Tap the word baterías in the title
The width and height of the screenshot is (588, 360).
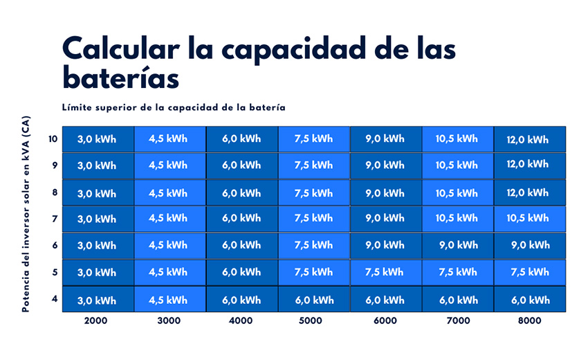coord(120,77)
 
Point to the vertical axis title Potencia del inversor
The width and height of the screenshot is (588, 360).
coord(26,213)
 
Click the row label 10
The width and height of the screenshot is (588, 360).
coord(53,138)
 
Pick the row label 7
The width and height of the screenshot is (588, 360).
coord(55,219)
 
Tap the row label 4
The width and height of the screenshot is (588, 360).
coord(55,299)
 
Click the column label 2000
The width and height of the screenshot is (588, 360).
coord(97,321)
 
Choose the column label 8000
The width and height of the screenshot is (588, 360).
coord(529,321)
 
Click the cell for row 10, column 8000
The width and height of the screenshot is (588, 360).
coord(529,139)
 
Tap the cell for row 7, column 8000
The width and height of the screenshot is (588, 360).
coord(529,219)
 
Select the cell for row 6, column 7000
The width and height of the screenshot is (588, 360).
coord(457,245)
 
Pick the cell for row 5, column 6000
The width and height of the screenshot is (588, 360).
coord(385,272)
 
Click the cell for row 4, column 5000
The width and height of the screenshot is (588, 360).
coord(313,300)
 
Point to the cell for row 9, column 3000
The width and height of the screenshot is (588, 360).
coord(169,165)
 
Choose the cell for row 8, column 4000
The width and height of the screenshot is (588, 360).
coord(241,192)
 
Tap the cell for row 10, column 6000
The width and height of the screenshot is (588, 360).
coord(385,139)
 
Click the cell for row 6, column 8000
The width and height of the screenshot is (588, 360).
coord(529,245)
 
